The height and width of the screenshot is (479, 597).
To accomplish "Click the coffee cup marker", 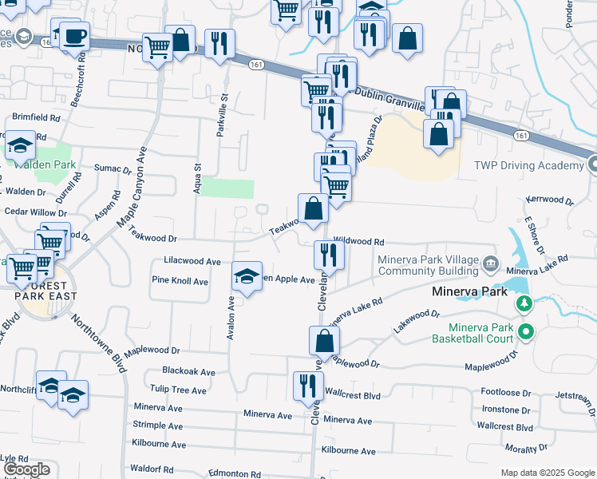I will [74, 36].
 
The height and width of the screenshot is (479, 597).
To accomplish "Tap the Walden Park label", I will [45, 164].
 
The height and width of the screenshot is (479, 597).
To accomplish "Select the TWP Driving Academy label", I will [529, 165].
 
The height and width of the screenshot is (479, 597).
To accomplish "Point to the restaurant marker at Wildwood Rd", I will [328, 255].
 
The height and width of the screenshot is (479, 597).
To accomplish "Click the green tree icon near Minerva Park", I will [524, 303].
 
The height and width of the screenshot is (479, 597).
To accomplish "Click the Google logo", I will [26, 469].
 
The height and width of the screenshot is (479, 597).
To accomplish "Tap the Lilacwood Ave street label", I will [192, 261].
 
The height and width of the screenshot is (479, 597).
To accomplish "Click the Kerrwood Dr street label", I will [550, 199].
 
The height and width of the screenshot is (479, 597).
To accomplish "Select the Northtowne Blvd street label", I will [100, 342].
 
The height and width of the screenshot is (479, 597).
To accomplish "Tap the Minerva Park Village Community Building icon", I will [490, 263].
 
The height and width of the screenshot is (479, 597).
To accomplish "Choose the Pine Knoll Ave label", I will [180, 281].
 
